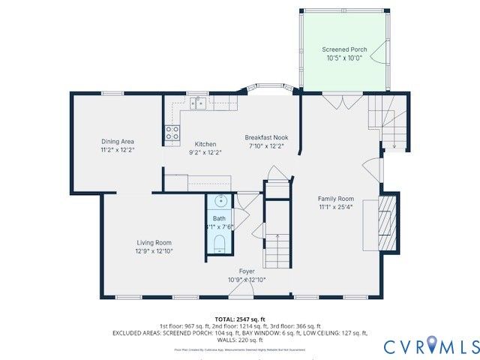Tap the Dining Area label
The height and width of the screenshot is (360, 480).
click(x=118, y=141)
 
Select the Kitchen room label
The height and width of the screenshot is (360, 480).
click(x=205, y=144)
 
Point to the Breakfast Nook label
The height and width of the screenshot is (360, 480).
click(x=266, y=137)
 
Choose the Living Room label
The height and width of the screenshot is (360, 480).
click(x=154, y=242)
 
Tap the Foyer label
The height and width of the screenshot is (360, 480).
click(x=247, y=271)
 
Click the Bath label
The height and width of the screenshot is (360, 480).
click(x=218, y=219)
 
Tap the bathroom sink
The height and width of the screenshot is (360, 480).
click(x=220, y=202)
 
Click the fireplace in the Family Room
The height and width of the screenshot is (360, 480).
click(x=387, y=223)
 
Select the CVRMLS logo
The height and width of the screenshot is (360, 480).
click(x=430, y=346)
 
